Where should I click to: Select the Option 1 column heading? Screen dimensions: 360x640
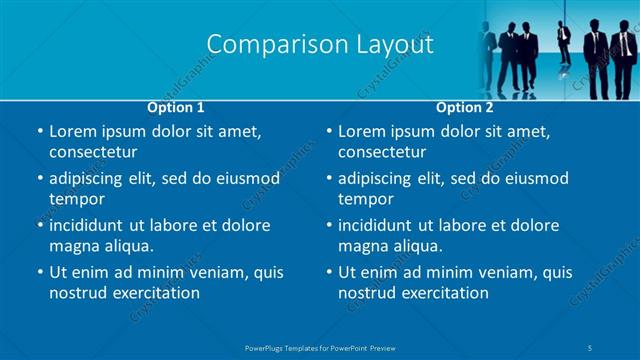(x=176, y=107)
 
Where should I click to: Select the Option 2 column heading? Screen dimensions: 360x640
(x=465, y=107)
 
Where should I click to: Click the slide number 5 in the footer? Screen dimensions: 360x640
(x=592, y=347)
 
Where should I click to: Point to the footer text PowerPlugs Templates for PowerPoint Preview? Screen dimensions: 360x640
(x=320, y=347)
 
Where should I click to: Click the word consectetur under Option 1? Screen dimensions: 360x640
(x=93, y=152)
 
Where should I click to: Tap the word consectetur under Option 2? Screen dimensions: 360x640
(x=382, y=152)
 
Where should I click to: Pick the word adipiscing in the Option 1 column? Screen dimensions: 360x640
(x=91, y=179)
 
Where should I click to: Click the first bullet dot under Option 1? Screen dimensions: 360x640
(x=39, y=132)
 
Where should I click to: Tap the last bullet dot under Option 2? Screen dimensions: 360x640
(x=328, y=272)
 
